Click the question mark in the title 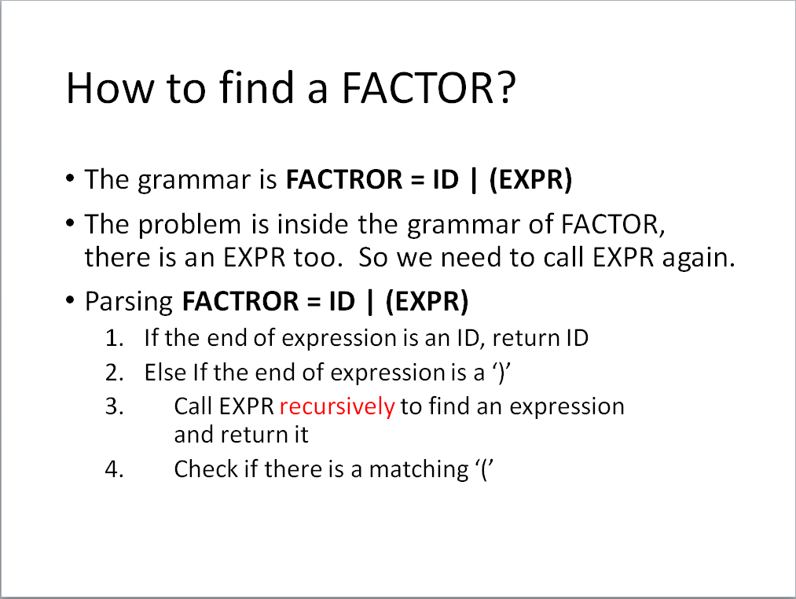[505, 88]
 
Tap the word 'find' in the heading [256, 87]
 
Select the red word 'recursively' [337, 407]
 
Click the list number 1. [114, 338]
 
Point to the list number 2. [114, 373]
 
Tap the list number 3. [114, 407]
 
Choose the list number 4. [114, 469]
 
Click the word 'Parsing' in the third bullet [129, 303]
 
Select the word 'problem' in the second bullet [189, 225]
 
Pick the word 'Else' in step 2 [166, 373]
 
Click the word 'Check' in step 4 [206, 469]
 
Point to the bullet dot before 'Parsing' [70, 300]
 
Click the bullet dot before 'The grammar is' [70, 178]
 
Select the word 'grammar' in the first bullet [194, 181]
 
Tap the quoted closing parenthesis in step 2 [501, 373]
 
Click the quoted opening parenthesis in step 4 [485, 469]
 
